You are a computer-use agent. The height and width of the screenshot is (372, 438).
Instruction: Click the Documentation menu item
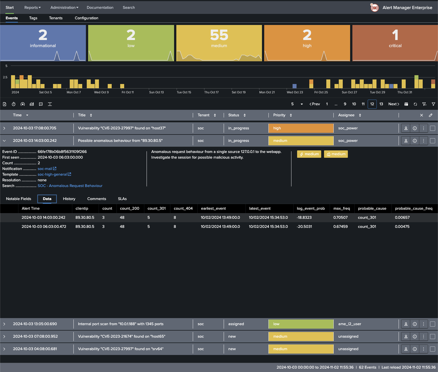click(100, 8)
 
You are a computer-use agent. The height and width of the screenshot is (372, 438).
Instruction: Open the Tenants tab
click(56, 18)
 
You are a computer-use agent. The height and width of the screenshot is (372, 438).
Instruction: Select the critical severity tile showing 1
click(395, 43)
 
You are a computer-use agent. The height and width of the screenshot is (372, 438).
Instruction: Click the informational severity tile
click(43, 43)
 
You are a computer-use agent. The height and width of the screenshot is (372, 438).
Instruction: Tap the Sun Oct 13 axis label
click(156, 92)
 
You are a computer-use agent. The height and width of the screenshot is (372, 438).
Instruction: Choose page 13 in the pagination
click(381, 104)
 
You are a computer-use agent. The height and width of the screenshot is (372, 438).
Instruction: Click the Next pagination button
click(393, 104)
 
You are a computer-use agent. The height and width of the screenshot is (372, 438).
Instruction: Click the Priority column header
click(279, 115)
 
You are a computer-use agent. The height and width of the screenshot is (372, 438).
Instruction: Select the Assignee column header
click(346, 115)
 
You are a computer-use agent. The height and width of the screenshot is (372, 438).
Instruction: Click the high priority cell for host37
click(301, 128)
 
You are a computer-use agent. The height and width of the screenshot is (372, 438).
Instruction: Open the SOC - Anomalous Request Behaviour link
click(70, 186)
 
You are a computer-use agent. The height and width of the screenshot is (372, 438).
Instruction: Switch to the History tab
click(69, 199)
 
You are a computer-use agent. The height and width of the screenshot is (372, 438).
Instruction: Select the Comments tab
click(96, 199)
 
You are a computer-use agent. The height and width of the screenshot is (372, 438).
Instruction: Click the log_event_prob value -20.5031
click(304, 227)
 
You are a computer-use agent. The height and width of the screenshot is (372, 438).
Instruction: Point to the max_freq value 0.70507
click(340, 218)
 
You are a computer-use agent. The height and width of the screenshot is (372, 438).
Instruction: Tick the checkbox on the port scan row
click(432, 324)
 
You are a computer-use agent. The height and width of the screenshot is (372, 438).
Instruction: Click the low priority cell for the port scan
click(301, 324)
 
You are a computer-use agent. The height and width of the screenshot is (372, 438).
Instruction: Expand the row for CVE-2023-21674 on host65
click(4, 337)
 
